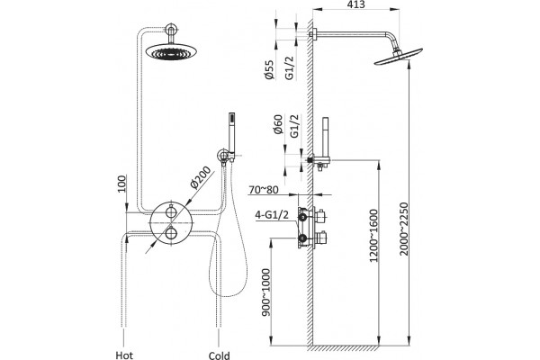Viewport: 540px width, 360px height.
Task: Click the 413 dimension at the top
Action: [356, 4]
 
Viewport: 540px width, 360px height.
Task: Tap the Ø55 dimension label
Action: [270, 69]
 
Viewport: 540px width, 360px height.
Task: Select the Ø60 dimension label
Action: [278, 124]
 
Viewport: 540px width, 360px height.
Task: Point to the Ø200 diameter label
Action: [201, 177]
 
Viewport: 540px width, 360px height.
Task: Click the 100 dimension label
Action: [121, 184]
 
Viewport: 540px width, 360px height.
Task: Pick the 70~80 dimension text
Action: [263, 190]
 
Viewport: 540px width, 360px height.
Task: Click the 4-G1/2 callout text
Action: [272, 215]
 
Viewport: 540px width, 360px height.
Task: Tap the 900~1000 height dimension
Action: [266, 292]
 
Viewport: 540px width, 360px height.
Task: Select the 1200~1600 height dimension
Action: [373, 236]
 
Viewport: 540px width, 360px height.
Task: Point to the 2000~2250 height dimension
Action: [403, 229]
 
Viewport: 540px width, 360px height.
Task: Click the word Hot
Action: [124, 355]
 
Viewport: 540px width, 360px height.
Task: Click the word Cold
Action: [219, 355]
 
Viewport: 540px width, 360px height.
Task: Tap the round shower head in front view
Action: [171, 51]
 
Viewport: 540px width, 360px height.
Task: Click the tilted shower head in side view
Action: [399, 56]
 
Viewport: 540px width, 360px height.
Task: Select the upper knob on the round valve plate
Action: [171, 211]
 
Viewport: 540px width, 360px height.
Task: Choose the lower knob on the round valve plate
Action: [171, 233]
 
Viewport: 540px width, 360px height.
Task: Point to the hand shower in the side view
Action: [325, 137]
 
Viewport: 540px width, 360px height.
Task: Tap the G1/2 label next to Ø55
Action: [290, 68]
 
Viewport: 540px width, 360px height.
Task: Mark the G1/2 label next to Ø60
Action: [294, 126]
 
